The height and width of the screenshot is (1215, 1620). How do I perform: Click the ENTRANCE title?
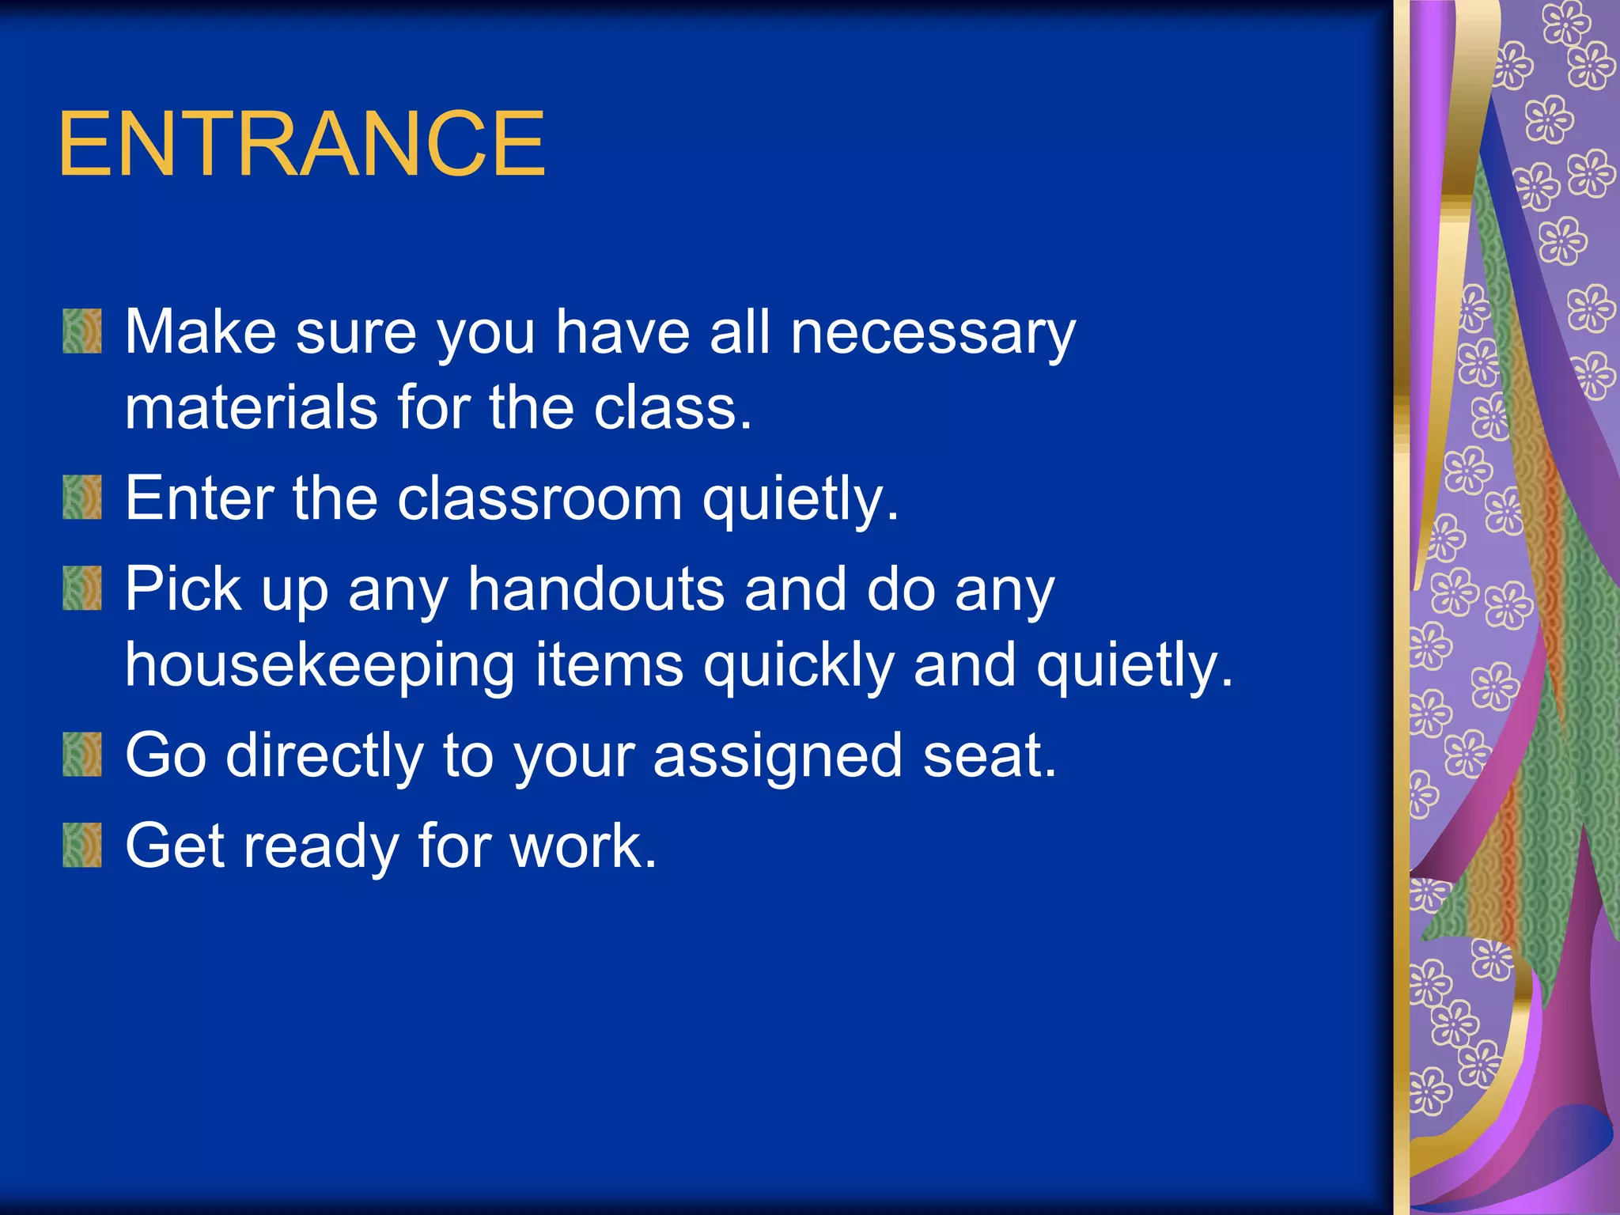pos(301,144)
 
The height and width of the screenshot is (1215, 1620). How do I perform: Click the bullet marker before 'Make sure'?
pos(82,331)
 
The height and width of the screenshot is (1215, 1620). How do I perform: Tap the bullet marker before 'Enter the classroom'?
pos(82,498)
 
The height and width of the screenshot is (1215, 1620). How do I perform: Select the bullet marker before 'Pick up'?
pos(82,589)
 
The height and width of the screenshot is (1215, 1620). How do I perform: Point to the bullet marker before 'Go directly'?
pos(82,755)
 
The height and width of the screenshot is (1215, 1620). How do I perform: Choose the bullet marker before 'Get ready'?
pos(82,846)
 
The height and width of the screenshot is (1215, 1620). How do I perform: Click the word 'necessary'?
pos(933,334)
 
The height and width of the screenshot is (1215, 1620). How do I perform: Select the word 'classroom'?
pos(539,499)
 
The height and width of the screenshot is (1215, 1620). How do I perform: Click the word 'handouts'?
pos(596,589)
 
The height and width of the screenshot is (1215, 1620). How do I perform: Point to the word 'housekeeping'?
pos(320,666)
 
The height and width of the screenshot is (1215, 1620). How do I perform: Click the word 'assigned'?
pos(778,757)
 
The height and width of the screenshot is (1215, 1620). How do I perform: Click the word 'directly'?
pos(325,757)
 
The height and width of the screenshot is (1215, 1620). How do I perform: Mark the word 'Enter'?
pos(199,499)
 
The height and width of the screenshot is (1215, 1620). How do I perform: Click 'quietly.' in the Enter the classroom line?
pos(801,501)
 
